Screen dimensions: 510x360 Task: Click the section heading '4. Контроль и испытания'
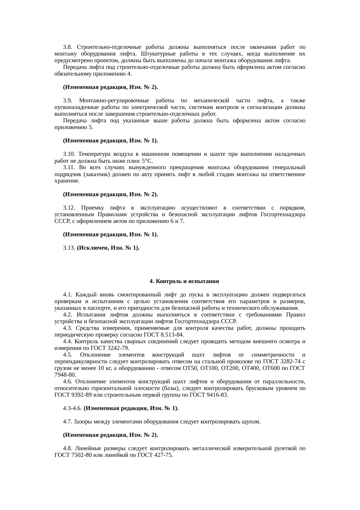point(184,281)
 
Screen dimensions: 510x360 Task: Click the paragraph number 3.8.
point(68,47)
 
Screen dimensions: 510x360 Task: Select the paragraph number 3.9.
point(68,101)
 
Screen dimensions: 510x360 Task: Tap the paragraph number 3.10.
point(69,154)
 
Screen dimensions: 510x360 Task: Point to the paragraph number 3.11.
point(69,167)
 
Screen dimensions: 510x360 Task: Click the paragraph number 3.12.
point(69,208)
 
